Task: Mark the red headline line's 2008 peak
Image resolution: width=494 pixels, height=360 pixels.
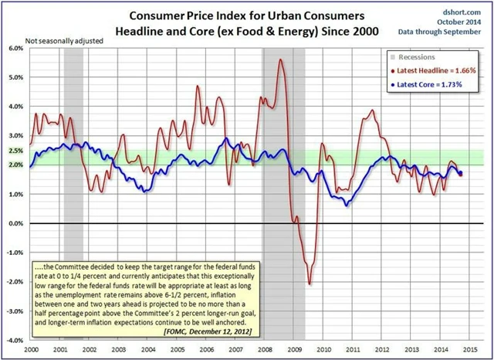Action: point(279,60)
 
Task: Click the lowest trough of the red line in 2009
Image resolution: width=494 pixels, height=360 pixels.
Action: point(310,284)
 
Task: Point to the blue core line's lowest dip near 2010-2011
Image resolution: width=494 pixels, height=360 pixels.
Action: point(347,205)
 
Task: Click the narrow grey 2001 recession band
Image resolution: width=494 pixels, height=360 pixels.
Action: point(73,193)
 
